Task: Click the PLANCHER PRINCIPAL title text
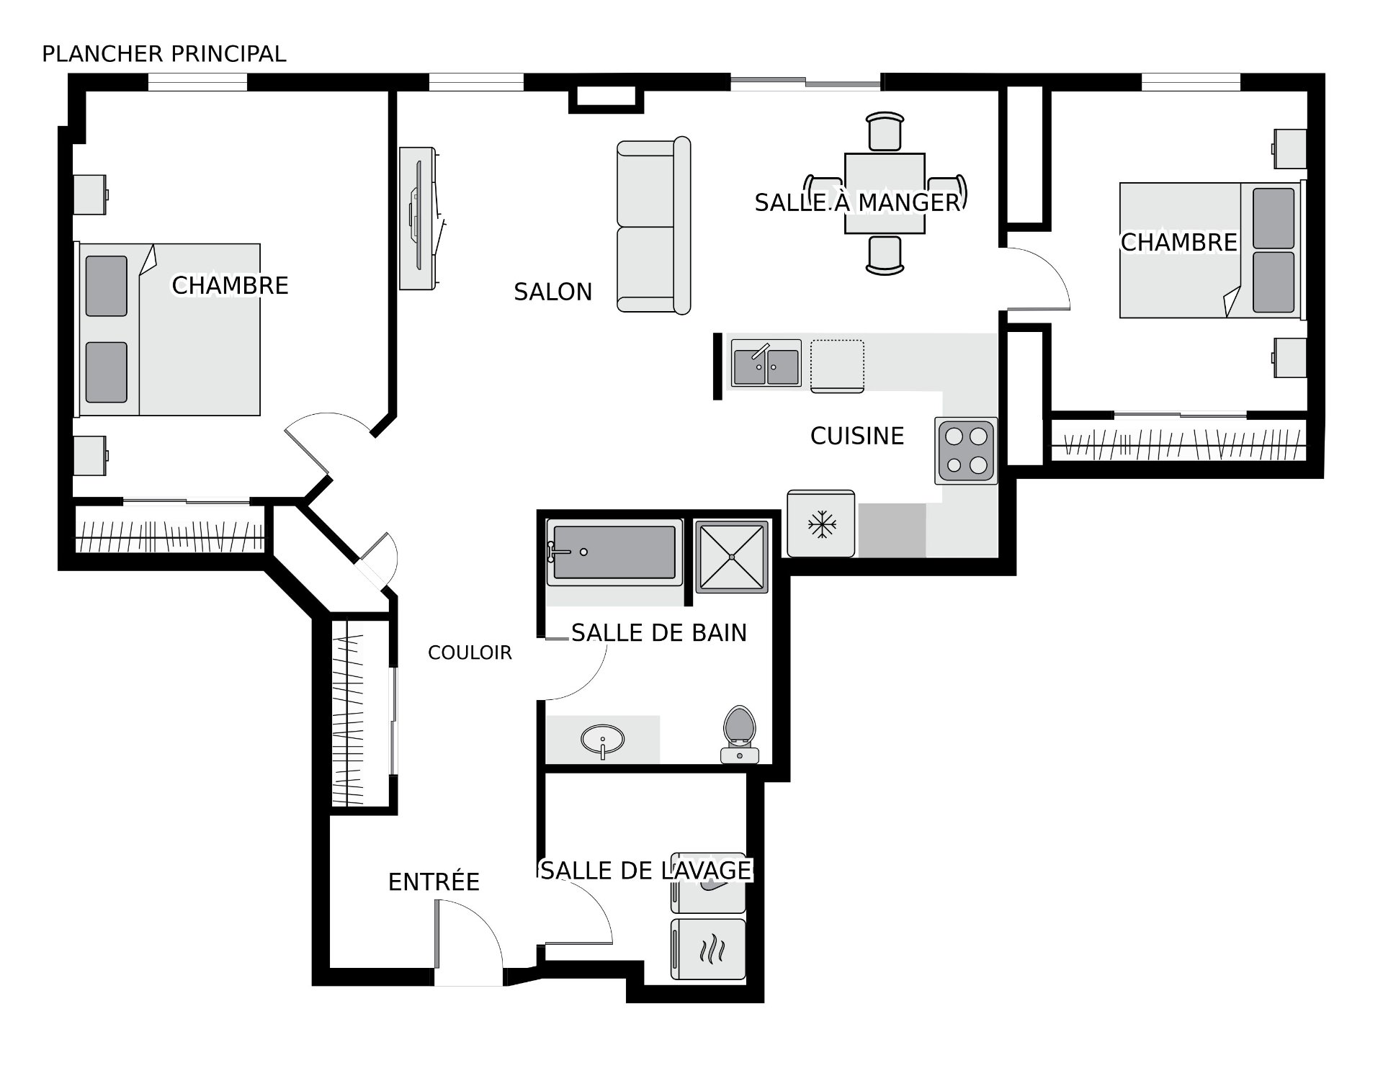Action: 164,54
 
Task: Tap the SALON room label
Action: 552,292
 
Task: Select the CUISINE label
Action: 857,436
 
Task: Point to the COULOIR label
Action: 470,652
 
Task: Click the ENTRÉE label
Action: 434,881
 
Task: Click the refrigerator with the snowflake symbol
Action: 820,524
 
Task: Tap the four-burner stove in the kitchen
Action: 966,451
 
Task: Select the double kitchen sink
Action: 766,364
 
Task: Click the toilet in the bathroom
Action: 739,734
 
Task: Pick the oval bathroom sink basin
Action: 603,740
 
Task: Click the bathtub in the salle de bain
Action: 614,552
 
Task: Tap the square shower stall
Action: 731,556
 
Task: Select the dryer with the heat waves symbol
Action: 708,948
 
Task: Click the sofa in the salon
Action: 653,225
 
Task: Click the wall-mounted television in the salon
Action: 420,219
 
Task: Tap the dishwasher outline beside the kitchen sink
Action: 837,366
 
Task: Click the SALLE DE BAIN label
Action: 659,632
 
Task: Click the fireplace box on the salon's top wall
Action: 606,100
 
